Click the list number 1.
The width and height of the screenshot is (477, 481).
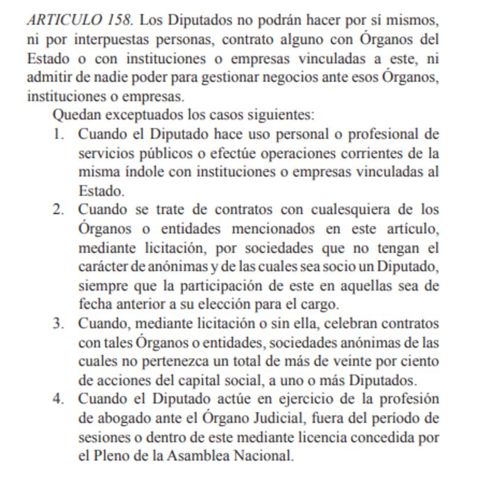click(58, 134)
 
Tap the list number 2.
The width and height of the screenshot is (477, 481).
click(58, 210)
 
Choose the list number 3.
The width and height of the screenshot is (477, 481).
click(58, 323)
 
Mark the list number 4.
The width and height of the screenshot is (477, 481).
click(58, 399)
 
